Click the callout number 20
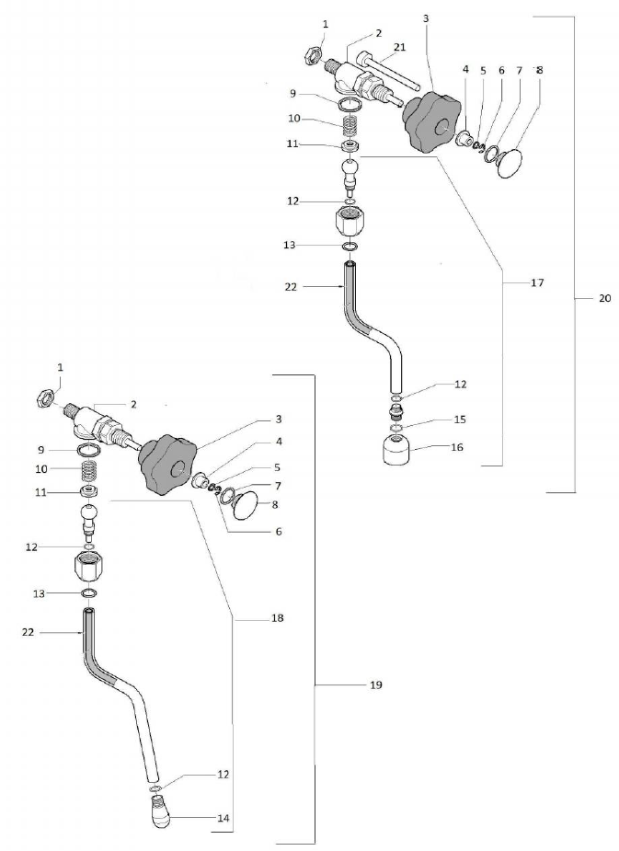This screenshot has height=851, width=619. point(604,298)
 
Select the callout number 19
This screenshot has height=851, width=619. point(375,685)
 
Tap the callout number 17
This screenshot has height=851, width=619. point(538,283)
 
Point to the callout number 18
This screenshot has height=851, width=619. point(277,618)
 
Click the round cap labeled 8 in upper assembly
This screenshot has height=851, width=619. point(507,166)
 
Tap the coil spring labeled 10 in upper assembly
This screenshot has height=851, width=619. point(350,121)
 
